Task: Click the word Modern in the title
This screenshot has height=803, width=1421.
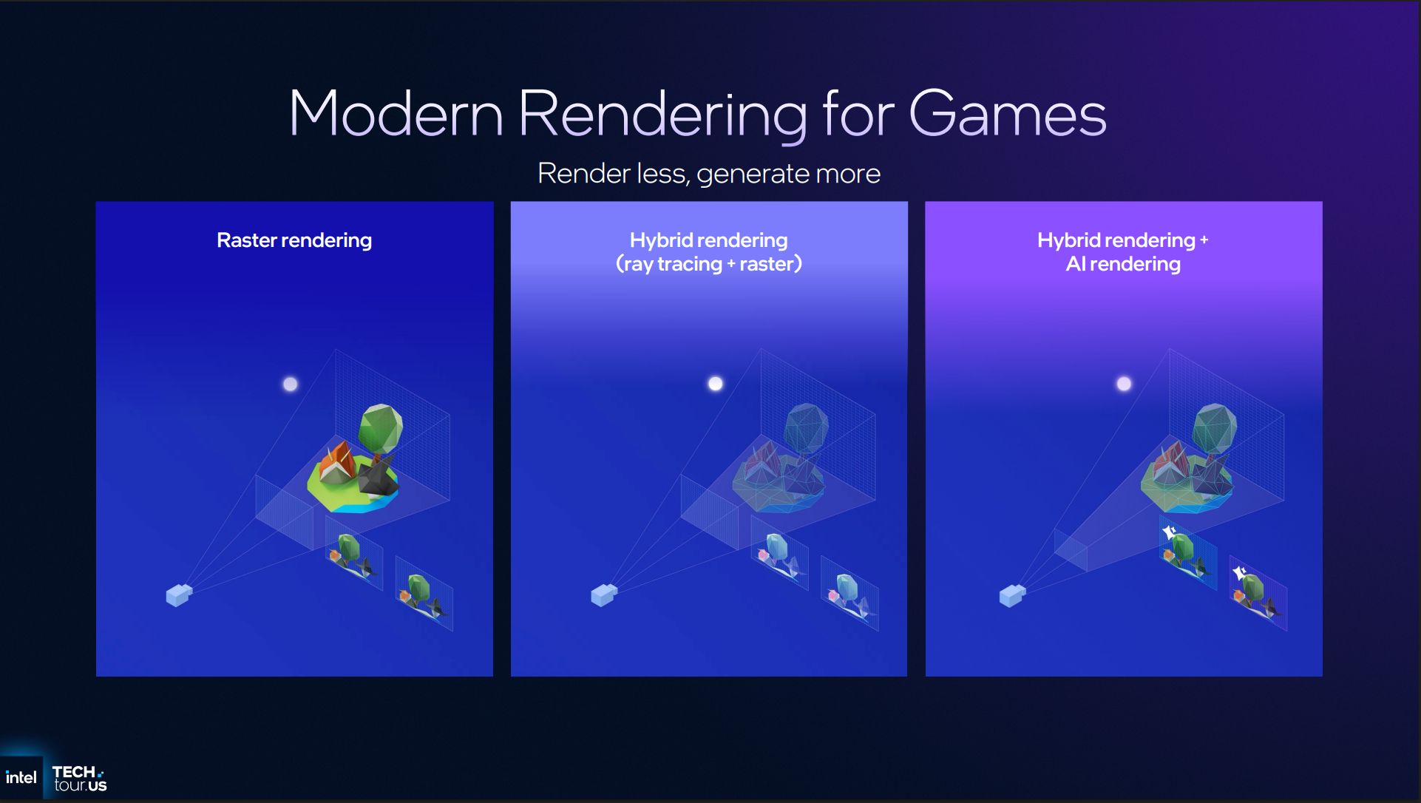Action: [396, 113]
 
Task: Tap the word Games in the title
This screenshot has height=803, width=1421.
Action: [1007, 113]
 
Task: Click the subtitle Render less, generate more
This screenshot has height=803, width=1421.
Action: [709, 174]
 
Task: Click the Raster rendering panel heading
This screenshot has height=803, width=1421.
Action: [294, 240]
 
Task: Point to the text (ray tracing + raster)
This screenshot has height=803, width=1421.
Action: [709, 264]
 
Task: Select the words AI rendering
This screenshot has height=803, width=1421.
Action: [1123, 264]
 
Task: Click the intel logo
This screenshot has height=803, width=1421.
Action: [21, 777]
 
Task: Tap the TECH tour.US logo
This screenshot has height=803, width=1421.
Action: [79, 779]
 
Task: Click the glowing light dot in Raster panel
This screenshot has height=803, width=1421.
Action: [291, 384]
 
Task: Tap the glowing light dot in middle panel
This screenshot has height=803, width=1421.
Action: [716, 383]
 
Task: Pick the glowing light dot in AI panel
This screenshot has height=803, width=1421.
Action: [1124, 383]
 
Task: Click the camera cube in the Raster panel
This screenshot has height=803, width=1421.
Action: [179, 594]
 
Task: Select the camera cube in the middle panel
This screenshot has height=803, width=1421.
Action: [604, 594]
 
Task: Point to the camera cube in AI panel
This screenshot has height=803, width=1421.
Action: [1012, 594]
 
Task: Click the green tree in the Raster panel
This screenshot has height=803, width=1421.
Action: [380, 430]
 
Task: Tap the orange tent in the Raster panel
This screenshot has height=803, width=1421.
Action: [338, 462]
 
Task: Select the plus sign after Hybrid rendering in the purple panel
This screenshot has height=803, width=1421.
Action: [1204, 240]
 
